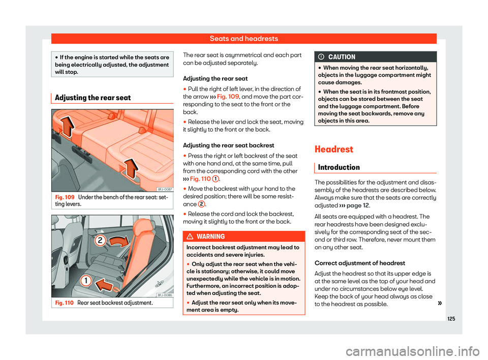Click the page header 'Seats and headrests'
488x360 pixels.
[x=243, y=38]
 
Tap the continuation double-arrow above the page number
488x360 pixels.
[x=426, y=304]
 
